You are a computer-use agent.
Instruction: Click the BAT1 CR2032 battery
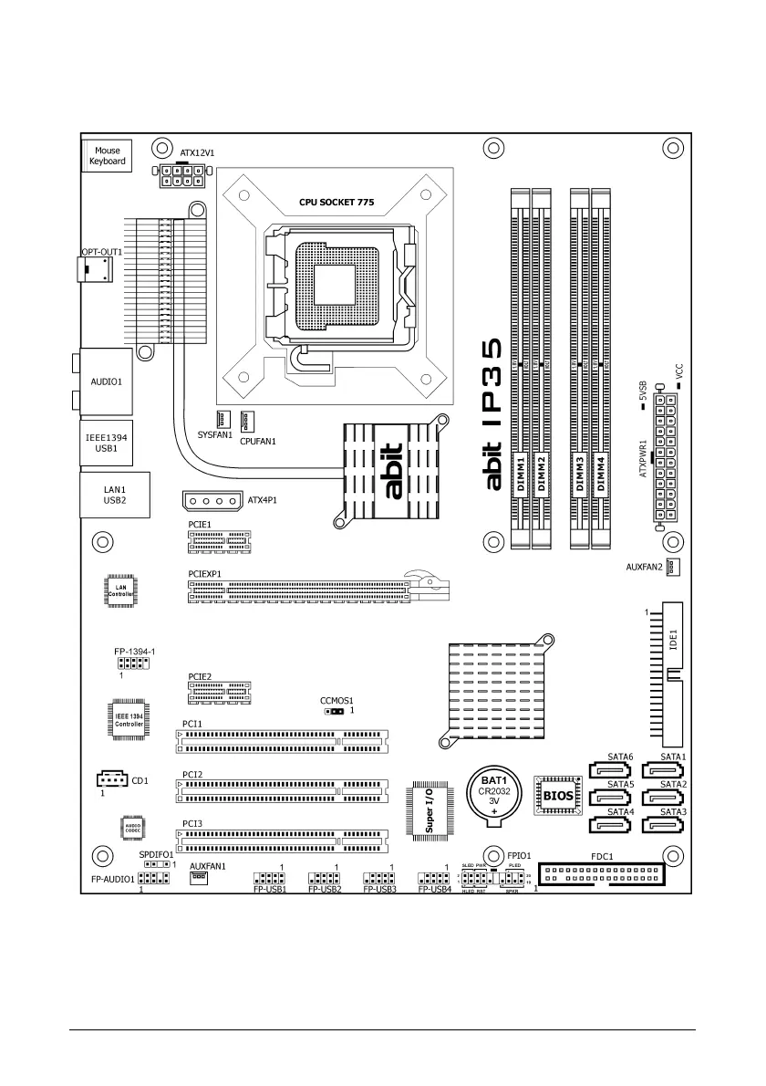pyautogui.click(x=494, y=791)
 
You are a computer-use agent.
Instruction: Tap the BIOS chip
pyautogui.click(x=558, y=796)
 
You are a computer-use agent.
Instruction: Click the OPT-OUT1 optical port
pyautogui.click(x=96, y=269)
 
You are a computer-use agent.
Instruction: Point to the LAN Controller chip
pyautogui.click(x=120, y=591)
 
